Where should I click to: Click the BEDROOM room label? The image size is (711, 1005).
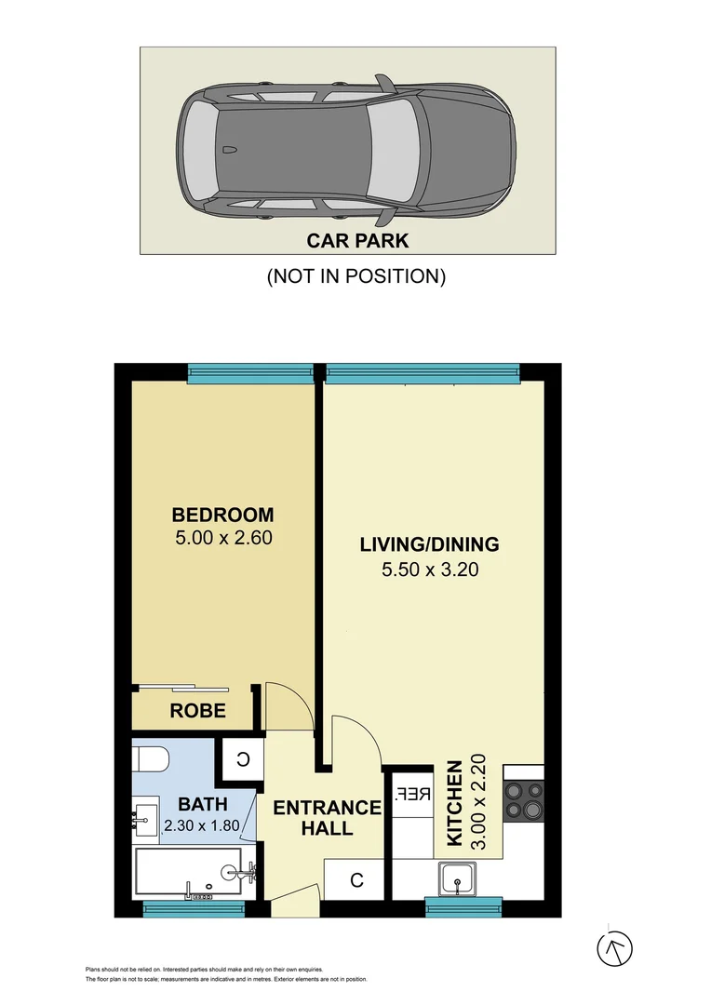(222, 515)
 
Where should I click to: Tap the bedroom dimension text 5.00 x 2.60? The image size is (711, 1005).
(222, 538)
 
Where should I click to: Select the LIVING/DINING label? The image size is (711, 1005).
(429, 545)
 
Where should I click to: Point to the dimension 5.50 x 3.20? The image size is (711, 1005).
(429, 569)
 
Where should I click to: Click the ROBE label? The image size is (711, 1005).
(197, 711)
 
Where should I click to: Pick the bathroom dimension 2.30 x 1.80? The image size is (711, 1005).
(201, 824)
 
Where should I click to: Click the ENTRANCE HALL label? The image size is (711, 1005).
(327, 817)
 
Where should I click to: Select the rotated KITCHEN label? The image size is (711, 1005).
(455, 803)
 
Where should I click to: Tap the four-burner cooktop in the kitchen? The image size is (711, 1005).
(522, 800)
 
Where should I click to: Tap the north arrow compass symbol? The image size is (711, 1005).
(614, 948)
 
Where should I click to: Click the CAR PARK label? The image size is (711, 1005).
(357, 241)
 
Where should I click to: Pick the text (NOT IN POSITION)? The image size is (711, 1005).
(356, 276)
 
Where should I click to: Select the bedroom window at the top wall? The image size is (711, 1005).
(249, 373)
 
